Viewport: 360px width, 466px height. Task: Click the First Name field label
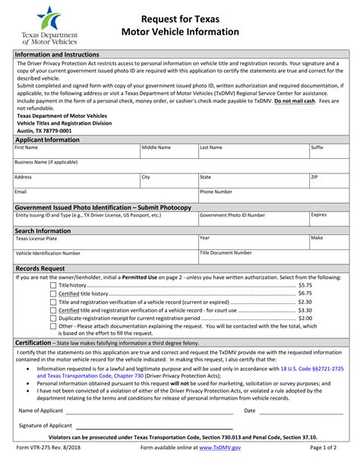27,147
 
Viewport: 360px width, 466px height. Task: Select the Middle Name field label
156,147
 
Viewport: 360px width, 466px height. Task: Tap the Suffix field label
317,147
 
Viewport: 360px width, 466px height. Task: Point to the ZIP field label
314,176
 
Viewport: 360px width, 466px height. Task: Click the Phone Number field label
216,192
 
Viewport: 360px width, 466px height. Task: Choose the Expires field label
319,215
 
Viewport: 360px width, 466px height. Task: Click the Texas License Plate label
36,238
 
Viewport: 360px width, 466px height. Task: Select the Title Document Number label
226,252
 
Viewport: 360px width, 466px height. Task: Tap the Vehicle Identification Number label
48,253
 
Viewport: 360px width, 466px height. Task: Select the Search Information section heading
43,230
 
